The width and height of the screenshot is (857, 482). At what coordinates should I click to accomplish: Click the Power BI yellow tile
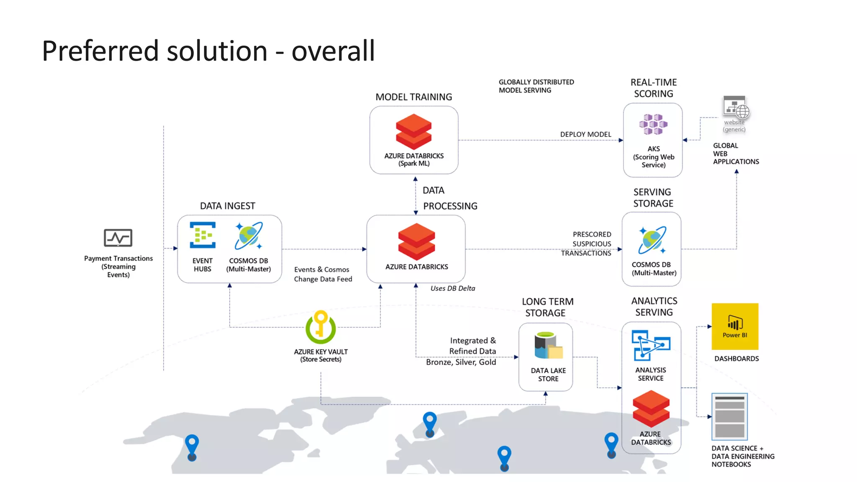click(x=735, y=326)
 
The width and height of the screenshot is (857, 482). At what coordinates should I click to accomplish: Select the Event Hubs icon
click(x=203, y=235)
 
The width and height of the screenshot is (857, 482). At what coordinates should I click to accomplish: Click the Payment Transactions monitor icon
click(x=118, y=238)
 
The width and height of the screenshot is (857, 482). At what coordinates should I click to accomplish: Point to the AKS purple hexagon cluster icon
click(x=653, y=124)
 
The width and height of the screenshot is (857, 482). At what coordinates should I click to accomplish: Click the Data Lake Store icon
click(x=548, y=346)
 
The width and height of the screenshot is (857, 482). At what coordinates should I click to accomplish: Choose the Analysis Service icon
click(x=651, y=345)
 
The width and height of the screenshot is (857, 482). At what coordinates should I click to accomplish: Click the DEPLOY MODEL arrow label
click(x=585, y=134)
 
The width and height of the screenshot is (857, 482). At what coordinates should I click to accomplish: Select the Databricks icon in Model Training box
click(x=413, y=132)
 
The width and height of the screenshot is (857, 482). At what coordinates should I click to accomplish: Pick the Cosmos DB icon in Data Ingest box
click(x=249, y=236)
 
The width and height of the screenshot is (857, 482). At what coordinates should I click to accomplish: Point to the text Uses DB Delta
click(x=453, y=288)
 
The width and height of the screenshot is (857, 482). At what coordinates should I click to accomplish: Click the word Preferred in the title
click(x=100, y=51)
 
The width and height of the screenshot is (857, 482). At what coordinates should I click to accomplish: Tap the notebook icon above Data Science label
click(x=729, y=416)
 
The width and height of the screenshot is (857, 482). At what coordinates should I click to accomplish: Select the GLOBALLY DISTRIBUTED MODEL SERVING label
click(x=536, y=86)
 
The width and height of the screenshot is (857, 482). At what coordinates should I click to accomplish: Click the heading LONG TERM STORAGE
click(x=547, y=307)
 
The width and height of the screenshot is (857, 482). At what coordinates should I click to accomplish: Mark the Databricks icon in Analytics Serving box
click(x=651, y=409)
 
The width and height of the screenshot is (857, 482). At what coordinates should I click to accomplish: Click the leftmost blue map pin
click(x=192, y=446)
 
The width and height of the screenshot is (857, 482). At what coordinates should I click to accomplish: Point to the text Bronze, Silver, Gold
click(x=461, y=362)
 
